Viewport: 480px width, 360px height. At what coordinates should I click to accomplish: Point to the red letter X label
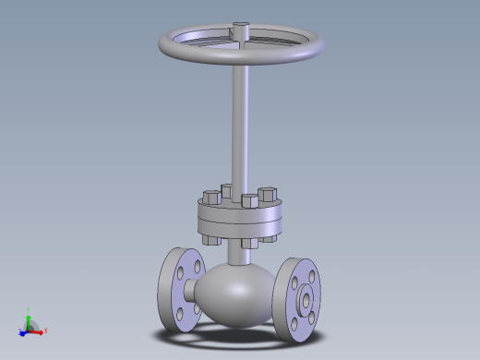pos(45,330)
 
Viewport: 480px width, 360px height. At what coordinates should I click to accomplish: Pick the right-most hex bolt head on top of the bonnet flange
pos(269,195)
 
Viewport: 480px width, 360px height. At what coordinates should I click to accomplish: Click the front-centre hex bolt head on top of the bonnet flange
pos(248,201)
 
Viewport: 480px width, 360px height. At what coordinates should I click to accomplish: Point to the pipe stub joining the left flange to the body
pos(192,291)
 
